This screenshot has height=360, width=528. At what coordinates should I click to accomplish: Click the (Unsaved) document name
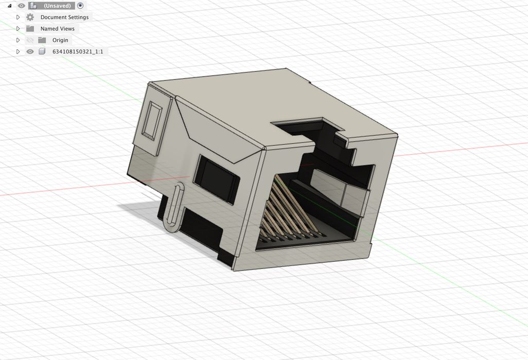pos(57,6)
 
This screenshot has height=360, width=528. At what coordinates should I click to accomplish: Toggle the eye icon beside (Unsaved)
pos(21,6)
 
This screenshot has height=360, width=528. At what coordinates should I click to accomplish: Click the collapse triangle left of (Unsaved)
pos(9,6)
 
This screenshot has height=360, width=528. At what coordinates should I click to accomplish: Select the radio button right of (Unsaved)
pos(80,6)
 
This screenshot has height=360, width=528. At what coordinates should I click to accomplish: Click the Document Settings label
pos(64,17)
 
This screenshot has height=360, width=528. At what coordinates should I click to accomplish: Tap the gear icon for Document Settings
pos(30,17)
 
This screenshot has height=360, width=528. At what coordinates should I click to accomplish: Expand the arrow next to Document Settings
pos(18,17)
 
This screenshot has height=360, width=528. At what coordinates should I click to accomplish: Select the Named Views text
pos(57,29)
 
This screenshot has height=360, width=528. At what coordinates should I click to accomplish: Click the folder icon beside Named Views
pos(30,29)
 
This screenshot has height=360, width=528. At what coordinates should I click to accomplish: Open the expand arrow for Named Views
pos(18,29)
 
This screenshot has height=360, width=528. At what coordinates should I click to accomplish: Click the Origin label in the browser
pos(60,40)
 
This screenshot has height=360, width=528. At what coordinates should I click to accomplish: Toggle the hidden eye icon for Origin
pos(30,40)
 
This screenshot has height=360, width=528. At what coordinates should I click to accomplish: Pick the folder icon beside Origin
pos(42,40)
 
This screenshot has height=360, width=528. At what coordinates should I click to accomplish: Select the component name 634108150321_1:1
pos(78,51)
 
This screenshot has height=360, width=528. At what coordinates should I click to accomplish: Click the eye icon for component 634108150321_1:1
pos(30,51)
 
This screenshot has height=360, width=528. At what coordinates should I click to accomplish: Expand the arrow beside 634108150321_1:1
pos(18,51)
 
